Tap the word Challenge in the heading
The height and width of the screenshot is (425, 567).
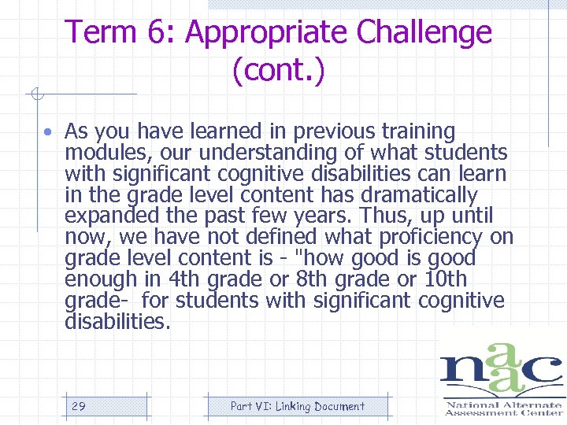[x=424, y=32]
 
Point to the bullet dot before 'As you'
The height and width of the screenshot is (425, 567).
[x=48, y=131]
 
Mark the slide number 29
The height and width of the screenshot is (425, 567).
[x=79, y=406]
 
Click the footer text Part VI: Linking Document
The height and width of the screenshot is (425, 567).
[x=297, y=406]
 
